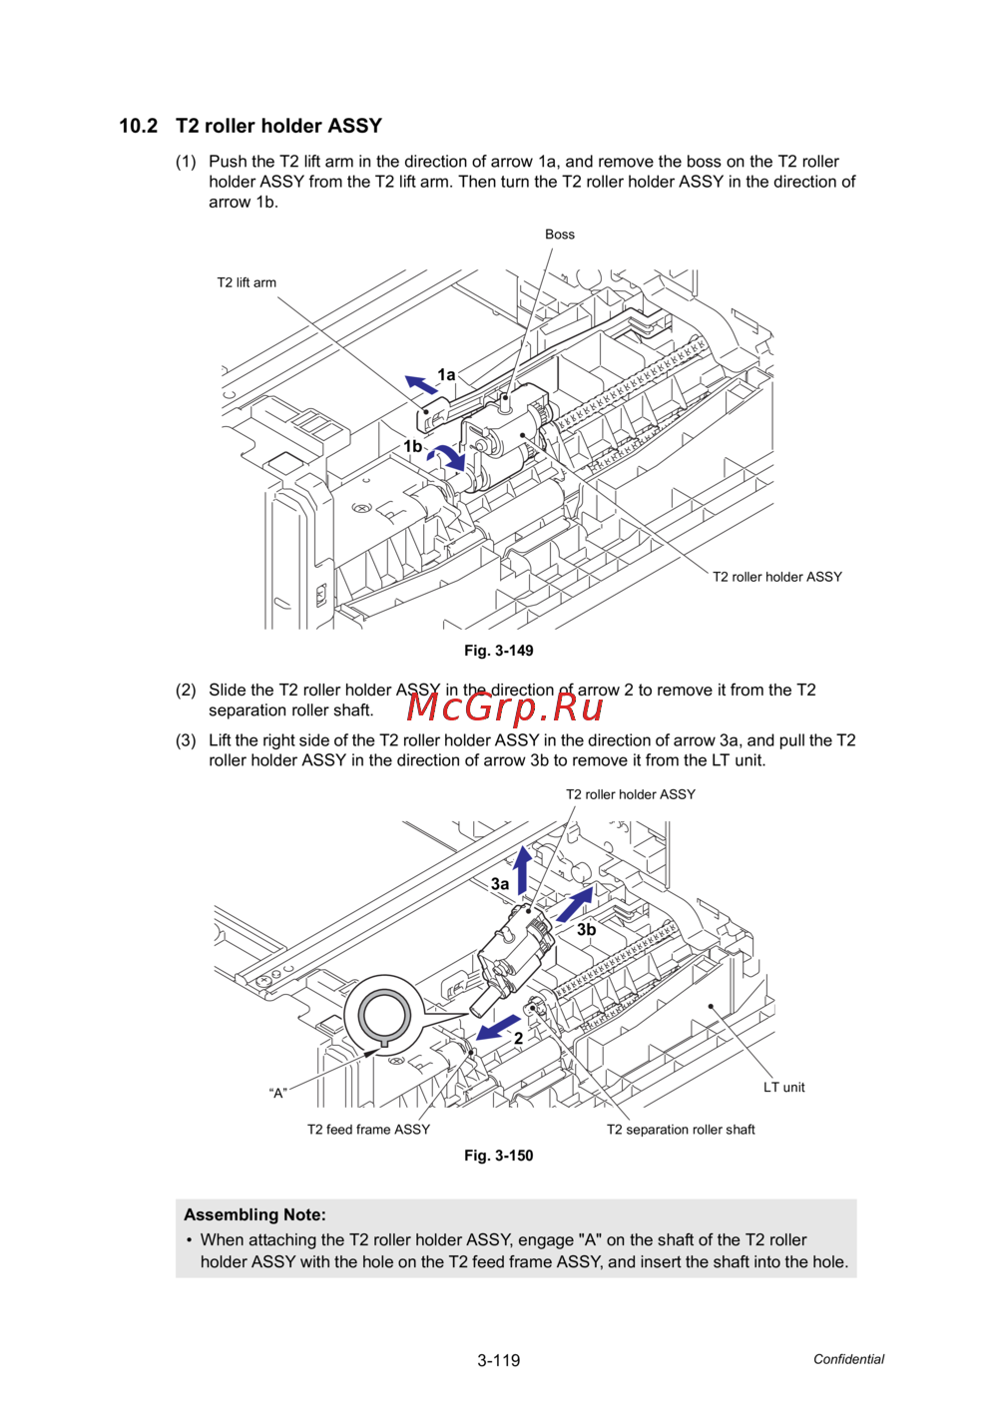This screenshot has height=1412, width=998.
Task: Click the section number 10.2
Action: point(138,126)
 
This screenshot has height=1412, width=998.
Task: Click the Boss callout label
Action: point(559,235)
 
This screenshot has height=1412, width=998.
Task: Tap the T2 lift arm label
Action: point(247,282)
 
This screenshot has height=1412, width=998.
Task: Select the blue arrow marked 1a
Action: point(421,383)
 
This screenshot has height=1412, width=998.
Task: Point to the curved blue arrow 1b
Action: point(448,457)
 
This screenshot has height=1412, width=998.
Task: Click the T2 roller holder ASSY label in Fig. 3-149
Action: point(776,577)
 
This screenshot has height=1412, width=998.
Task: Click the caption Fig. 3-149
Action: point(498,651)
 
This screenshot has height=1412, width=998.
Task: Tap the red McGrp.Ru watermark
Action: point(505,706)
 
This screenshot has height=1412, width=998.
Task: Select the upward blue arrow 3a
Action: point(522,868)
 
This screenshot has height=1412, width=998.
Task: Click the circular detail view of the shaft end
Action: point(383,1015)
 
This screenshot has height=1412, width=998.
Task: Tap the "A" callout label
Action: point(278,1094)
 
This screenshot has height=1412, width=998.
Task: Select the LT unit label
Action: point(783,1088)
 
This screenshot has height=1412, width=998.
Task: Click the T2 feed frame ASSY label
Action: point(368,1130)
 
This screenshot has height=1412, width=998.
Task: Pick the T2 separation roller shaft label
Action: point(681,1130)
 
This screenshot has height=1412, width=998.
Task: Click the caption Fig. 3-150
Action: point(498,1156)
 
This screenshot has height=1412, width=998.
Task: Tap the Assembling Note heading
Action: point(254,1214)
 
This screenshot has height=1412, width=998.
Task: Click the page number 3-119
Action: point(498,1360)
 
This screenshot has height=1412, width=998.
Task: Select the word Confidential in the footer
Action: point(848,1359)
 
